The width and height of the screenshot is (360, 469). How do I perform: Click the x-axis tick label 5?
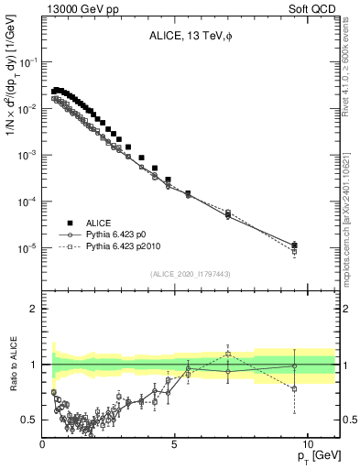[174, 444]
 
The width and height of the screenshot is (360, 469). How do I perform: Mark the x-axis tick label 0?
[43, 444]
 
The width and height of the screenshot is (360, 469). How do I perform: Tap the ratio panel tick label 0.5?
[31, 420]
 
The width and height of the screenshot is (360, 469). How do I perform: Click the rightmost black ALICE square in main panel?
[293, 245]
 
